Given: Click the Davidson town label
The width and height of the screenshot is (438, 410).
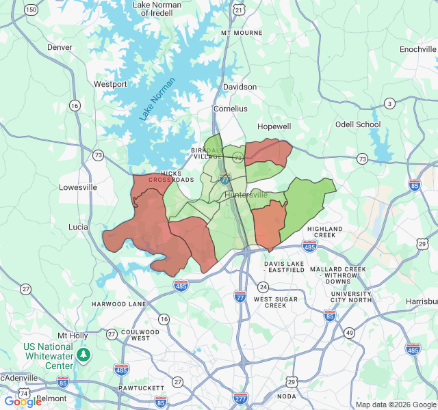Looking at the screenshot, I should [x=240, y=87].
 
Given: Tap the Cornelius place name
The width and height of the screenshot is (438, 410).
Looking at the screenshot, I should [x=231, y=108].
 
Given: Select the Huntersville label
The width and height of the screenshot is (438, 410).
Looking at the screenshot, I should [x=246, y=195].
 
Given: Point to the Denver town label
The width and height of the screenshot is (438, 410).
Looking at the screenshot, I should [x=60, y=47].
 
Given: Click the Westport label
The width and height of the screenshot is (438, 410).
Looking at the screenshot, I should [x=110, y=84].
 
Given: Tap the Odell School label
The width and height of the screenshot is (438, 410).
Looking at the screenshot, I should [x=357, y=124].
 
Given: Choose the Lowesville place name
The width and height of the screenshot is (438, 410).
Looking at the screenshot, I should [x=78, y=187].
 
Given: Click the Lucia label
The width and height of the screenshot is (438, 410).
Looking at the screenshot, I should [x=78, y=226].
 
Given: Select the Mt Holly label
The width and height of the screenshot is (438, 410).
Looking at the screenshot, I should [x=73, y=336].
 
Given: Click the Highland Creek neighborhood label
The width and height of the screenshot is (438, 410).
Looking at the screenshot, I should [x=325, y=232].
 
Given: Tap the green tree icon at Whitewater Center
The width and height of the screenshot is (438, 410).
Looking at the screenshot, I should [x=83, y=355].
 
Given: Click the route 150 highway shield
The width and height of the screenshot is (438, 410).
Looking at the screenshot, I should [x=31, y=10].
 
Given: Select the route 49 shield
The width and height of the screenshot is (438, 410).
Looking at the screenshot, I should [x=350, y=333].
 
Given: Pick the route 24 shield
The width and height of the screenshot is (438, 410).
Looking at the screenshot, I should [x=263, y=286].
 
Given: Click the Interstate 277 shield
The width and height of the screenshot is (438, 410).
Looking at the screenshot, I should [x=240, y=398].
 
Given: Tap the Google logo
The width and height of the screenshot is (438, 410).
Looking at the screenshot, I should [x=23, y=402].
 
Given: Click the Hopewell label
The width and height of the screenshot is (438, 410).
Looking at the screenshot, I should [x=274, y=126].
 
